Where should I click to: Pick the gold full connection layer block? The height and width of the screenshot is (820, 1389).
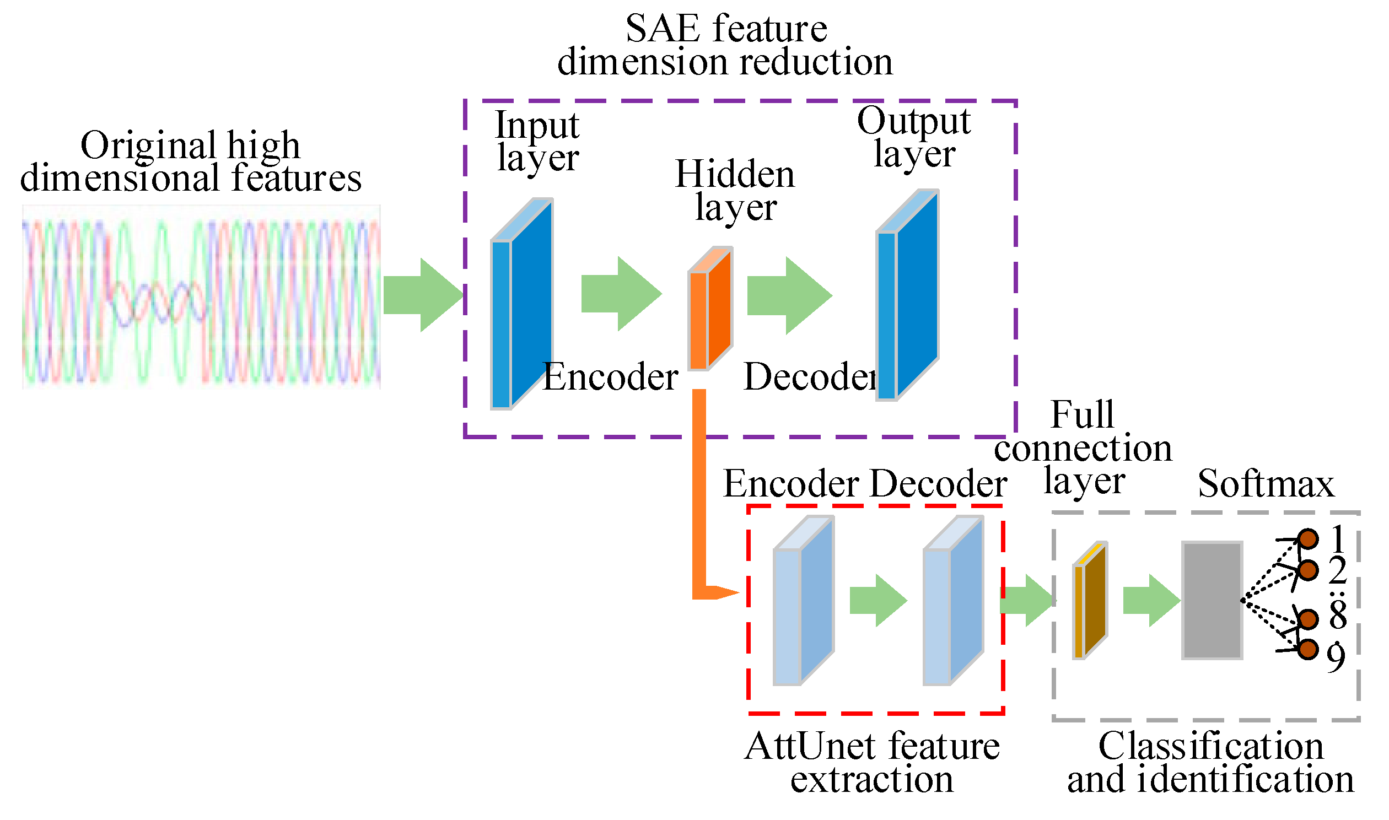(1090, 601)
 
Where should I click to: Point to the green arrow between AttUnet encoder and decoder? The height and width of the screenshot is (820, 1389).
(878, 601)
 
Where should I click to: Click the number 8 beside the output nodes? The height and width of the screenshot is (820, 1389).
(1338, 615)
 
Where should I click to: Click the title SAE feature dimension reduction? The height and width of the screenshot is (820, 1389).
(725, 45)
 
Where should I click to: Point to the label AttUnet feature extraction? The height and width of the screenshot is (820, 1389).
(873, 763)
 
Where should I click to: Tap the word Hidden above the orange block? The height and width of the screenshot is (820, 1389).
(735, 175)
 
